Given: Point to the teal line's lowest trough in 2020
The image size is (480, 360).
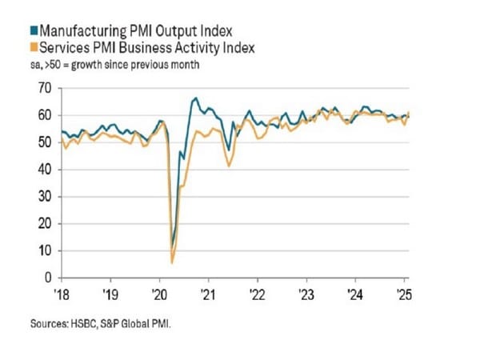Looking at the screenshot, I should (x=173, y=245).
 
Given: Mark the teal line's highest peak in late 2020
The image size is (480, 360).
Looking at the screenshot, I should (x=196, y=98).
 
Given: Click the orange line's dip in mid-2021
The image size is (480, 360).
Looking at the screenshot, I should (x=230, y=166).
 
